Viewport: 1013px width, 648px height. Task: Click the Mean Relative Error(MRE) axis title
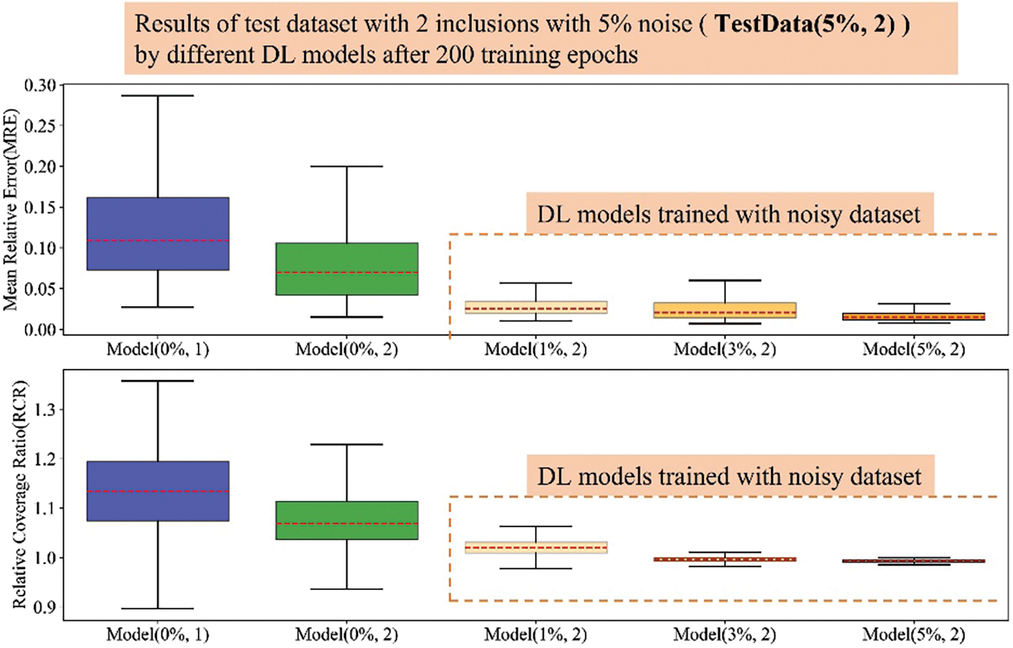(x=11, y=209)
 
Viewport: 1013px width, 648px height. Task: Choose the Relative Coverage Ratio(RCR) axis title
(x=20, y=495)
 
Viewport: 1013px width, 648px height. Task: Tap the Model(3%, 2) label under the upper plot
(x=725, y=349)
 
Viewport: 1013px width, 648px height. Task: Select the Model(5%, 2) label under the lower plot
(x=914, y=634)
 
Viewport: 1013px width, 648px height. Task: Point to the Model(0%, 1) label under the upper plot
(x=158, y=349)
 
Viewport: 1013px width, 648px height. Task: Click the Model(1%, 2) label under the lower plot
(x=536, y=634)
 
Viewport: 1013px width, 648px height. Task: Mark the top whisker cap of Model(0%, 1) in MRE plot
(x=158, y=96)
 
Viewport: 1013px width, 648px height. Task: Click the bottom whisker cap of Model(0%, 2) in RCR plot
(x=347, y=589)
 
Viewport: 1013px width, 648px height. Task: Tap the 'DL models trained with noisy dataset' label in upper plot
(x=729, y=214)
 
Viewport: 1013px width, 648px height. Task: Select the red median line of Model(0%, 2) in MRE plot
(x=347, y=272)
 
